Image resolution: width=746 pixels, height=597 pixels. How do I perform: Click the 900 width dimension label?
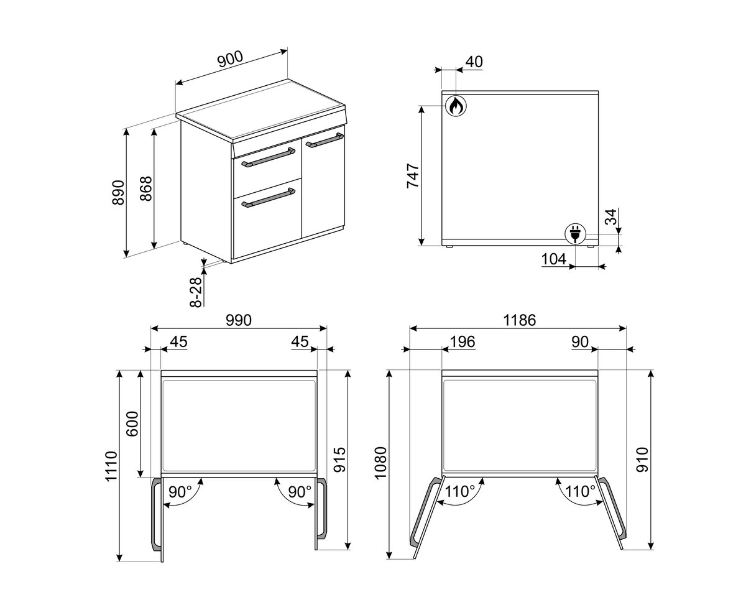pos(230,59)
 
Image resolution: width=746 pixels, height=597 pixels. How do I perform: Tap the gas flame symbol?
pos(456,106)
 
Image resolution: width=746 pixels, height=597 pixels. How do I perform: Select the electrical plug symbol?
pos(575,233)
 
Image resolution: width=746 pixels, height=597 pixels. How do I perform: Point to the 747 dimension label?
pos(413,176)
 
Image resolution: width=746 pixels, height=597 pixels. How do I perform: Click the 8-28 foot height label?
pos(196,292)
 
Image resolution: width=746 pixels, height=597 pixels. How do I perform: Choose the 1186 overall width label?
pos(519,320)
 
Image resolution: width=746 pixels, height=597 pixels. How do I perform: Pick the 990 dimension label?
pos(239,320)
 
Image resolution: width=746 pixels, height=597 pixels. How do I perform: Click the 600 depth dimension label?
pos(132,423)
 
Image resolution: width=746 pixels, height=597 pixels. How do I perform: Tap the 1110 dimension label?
pos(112,466)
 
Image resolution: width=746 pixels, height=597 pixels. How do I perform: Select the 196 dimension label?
pos(463,341)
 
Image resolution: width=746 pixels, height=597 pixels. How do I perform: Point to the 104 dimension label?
pos(554,259)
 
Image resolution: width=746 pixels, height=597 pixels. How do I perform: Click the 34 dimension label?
pos(611,216)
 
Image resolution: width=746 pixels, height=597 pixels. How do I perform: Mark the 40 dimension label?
pos(474,62)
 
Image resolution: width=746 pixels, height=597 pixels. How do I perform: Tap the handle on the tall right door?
pos(325,141)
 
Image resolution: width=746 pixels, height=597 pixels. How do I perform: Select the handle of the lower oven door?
pos(269,199)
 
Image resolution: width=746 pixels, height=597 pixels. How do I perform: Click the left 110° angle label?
pos(460,491)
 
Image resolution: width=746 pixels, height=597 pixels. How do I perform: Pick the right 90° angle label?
pos(300,492)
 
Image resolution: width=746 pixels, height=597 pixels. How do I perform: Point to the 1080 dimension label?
pos(381,463)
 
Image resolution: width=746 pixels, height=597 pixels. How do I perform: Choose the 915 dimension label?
pos(340,460)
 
